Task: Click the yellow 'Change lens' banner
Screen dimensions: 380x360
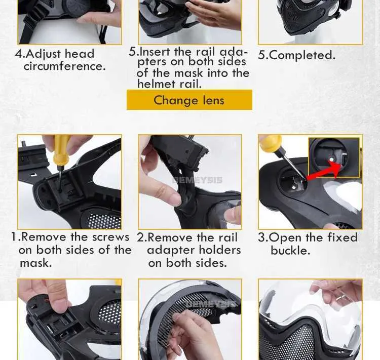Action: click(x=189, y=100)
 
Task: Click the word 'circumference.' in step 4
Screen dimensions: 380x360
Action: click(x=65, y=66)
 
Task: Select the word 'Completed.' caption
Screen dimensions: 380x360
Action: click(x=302, y=55)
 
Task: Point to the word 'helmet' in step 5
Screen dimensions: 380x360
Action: click(x=157, y=84)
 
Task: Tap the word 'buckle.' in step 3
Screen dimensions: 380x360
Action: click(x=290, y=250)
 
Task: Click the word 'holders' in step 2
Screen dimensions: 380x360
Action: click(x=218, y=250)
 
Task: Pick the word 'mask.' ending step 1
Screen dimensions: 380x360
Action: click(x=35, y=263)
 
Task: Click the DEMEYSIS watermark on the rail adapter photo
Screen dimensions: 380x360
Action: click(x=197, y=180)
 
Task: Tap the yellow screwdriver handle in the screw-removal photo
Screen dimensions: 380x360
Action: click(x=61, y=151)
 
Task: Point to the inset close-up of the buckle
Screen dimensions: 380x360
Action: click(x=334, y=157)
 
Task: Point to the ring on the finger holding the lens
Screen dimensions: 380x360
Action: click(x=341, y=298)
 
